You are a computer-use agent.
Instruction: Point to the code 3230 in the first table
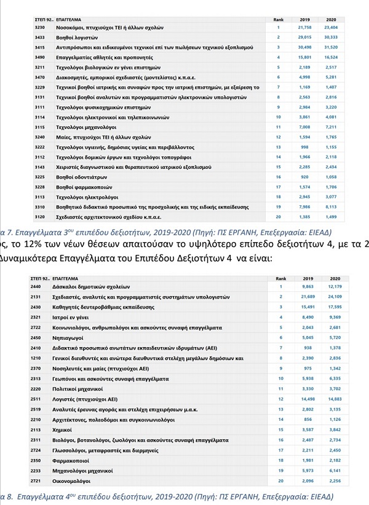pyautogui.click(x=39, y=28)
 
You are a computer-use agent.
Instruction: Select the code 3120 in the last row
pyautogui.click(x=39, y=217)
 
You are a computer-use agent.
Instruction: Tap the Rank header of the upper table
pyautogui.click(x=278, y=20)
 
